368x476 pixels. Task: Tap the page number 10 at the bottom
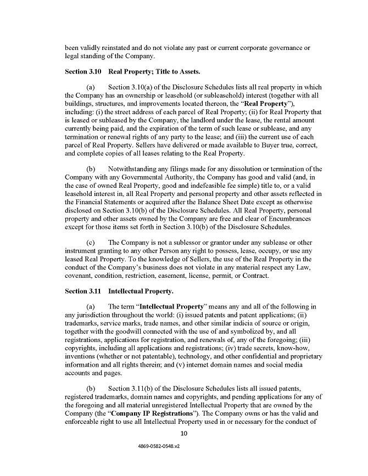[x=184, y=433]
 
